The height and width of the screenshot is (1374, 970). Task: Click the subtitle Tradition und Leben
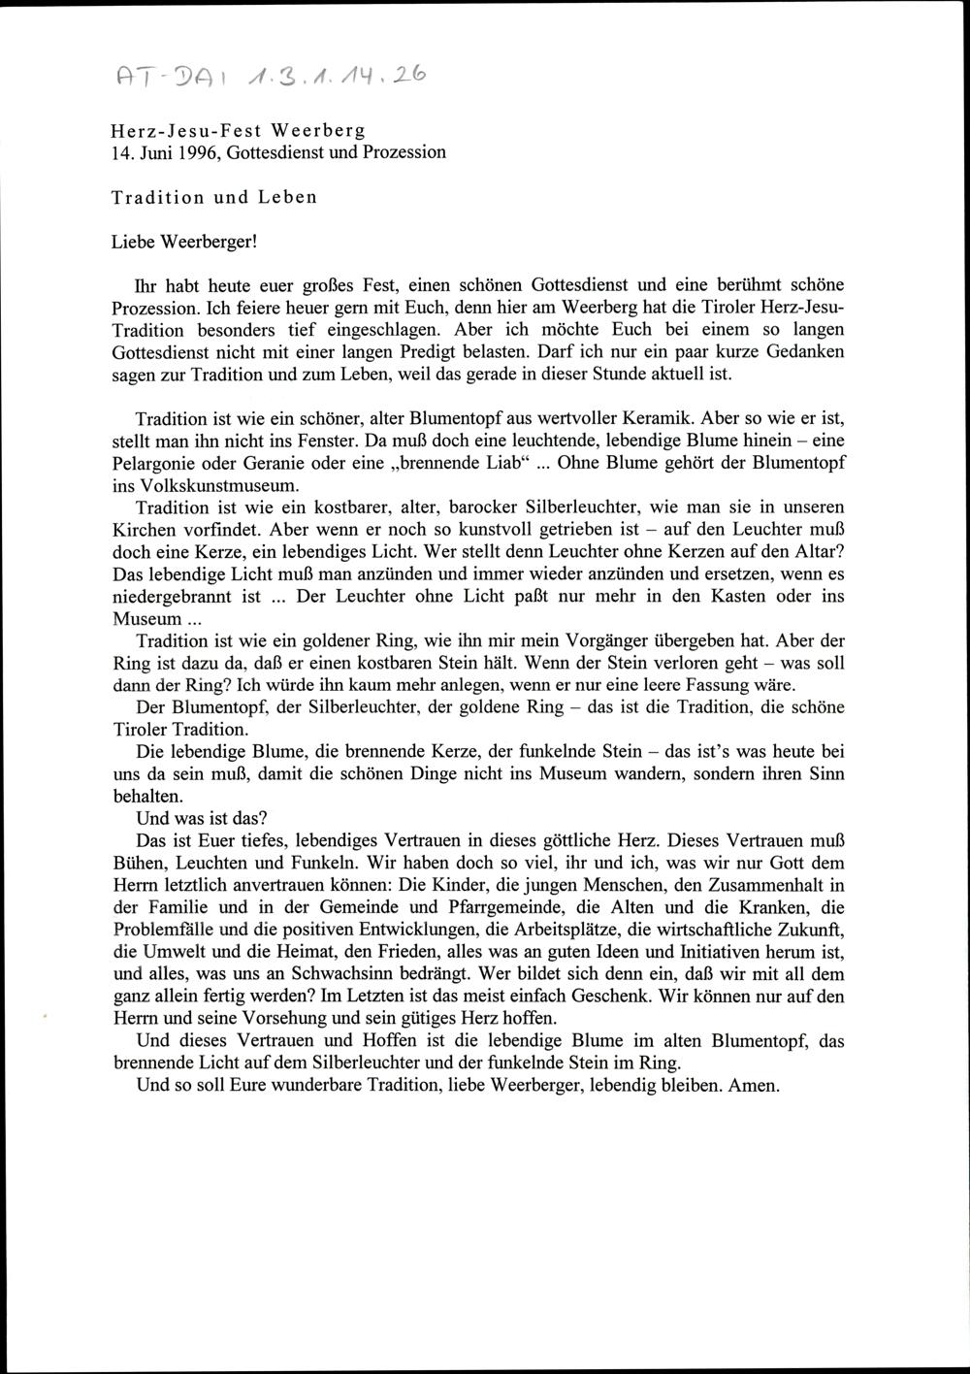[x=213, y=197]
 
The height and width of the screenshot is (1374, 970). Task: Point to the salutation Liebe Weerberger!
[x=183, y=240]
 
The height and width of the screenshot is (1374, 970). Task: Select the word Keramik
[x=661, y=418]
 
